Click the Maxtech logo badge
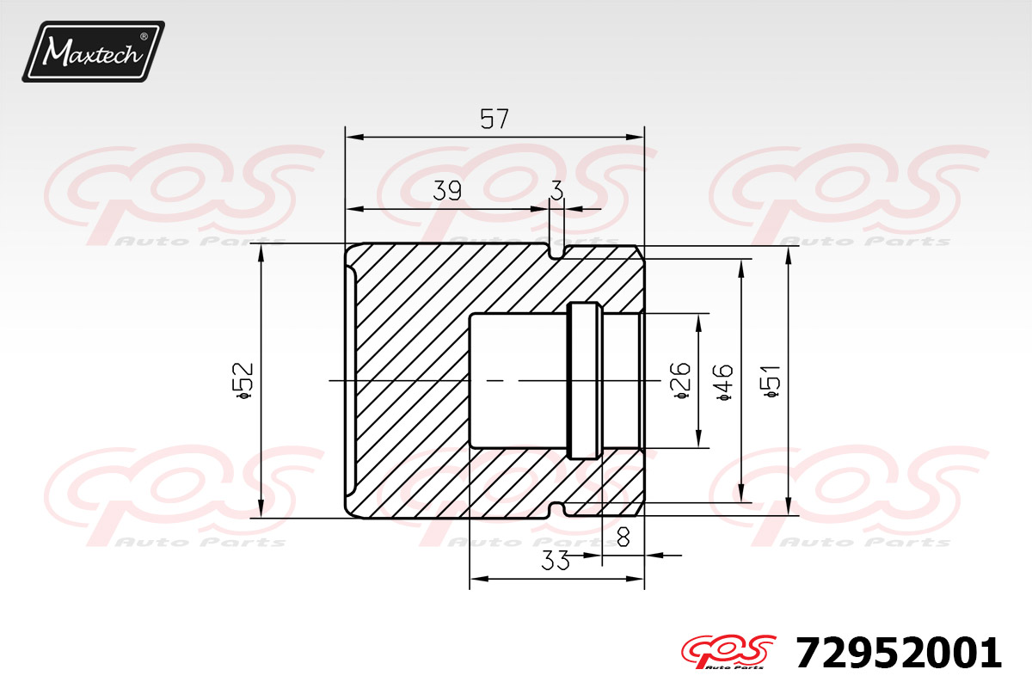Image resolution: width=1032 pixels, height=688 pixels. [94, 52]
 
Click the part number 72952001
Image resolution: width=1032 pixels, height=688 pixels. [899, 653]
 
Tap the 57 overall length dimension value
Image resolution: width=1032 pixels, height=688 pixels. [494, 119]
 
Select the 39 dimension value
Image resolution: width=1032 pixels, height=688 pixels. [447, 190]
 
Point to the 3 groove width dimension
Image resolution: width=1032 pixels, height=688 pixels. [557, 190]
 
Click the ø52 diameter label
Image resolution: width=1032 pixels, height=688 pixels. [243, 381]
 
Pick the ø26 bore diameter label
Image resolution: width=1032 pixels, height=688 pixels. [681, 381]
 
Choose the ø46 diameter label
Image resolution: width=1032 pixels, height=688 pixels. [725, 383]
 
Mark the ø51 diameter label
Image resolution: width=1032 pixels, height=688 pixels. [771, 382]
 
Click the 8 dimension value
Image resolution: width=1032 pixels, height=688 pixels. [623, 537]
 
